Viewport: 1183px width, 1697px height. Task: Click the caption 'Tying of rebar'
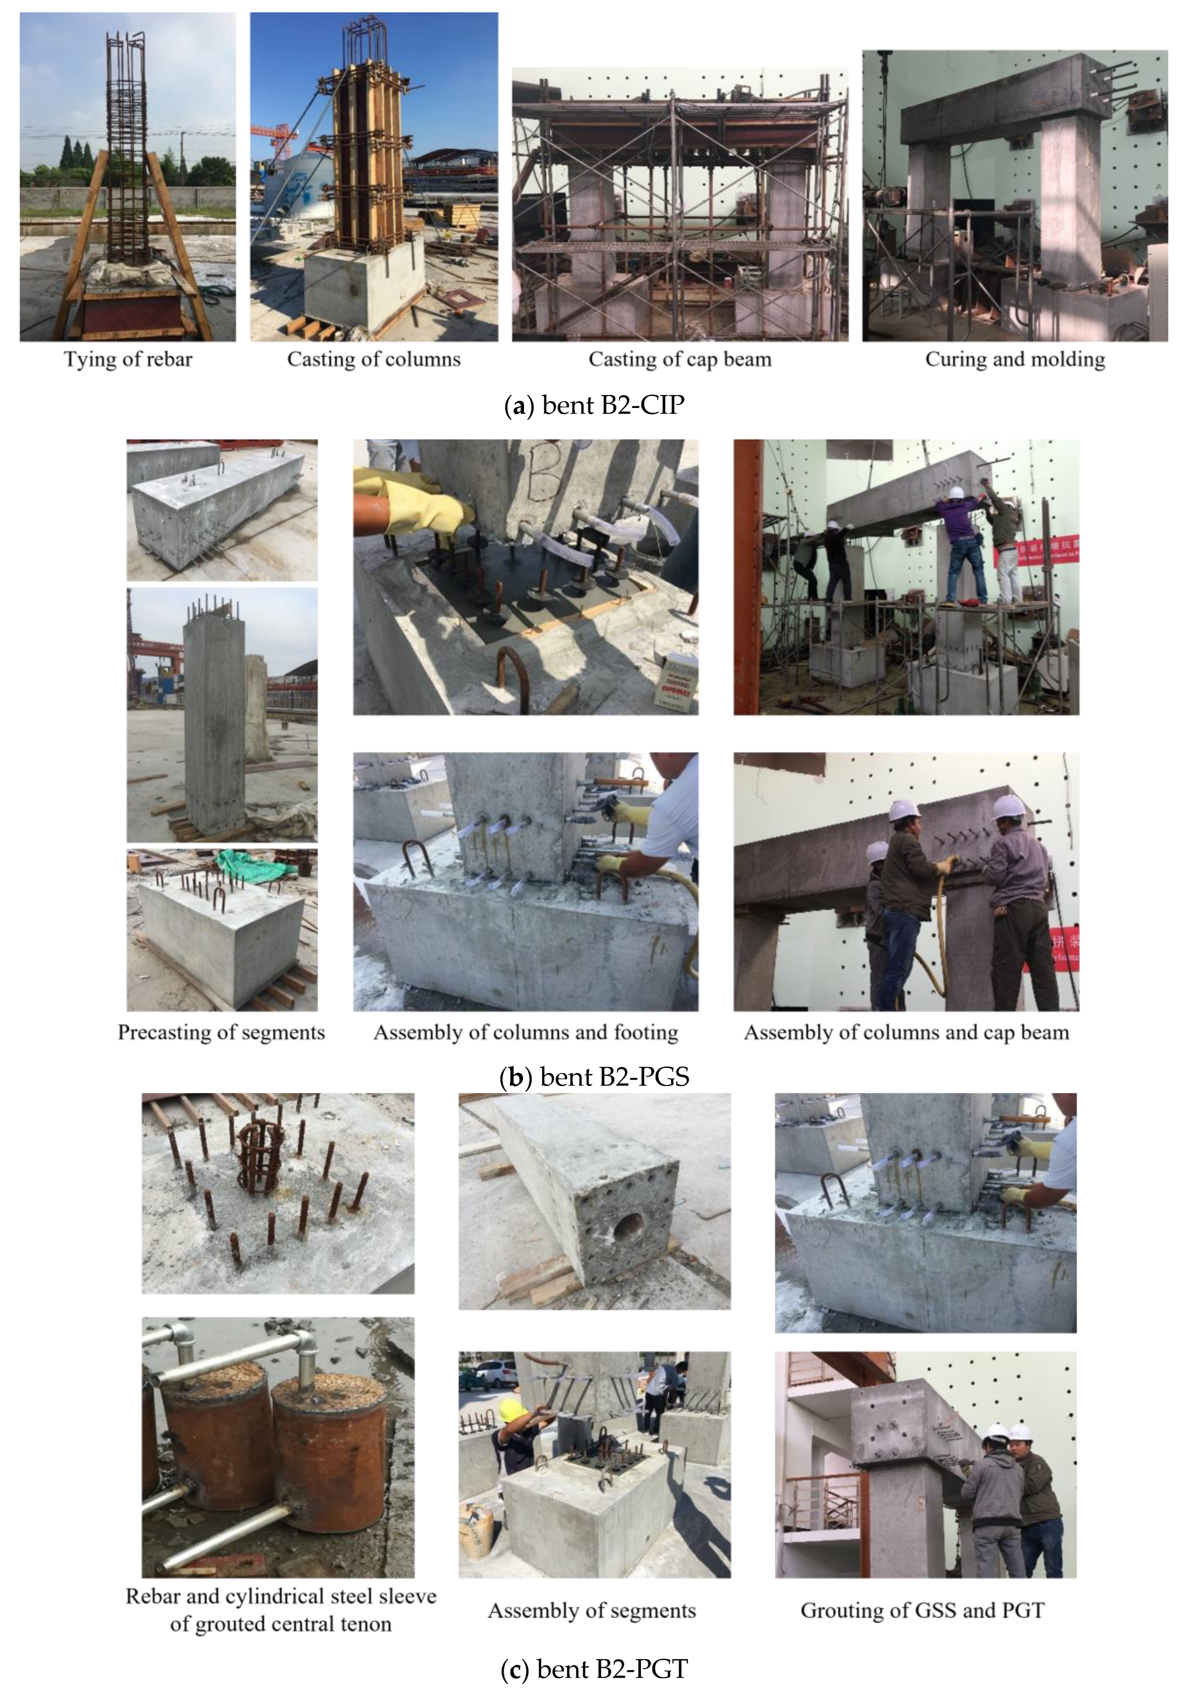(x=128, y=359)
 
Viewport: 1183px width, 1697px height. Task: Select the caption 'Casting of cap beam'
(x=679, y=359)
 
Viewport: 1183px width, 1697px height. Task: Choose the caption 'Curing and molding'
(x=1015, y=359)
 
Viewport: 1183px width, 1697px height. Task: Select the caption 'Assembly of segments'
(x=591, y=1611)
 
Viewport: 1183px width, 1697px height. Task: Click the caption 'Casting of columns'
(x=374, y=359)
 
